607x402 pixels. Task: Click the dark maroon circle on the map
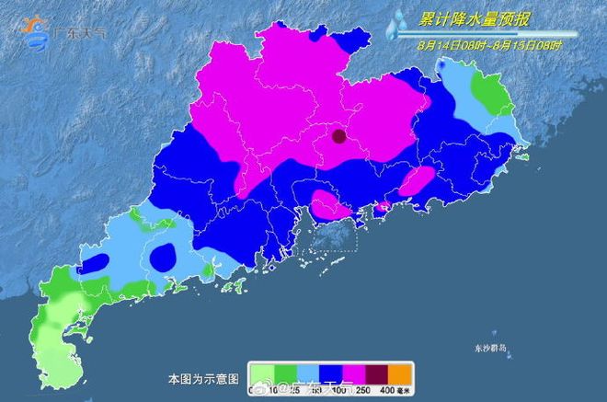(339, 138)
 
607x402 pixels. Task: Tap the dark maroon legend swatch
(376, 373)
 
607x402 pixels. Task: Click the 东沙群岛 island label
(489, 347)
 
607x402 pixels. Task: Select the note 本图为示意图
(203, 379)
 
